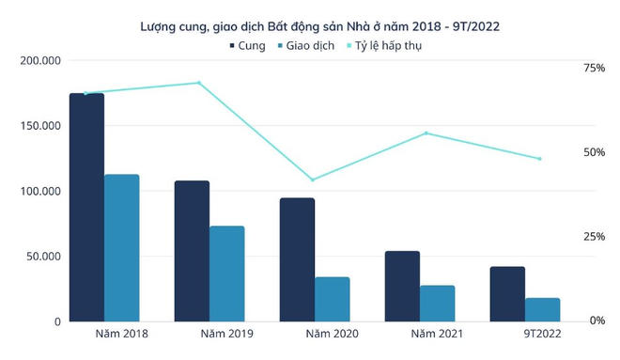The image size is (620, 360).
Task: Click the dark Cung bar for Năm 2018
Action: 86,208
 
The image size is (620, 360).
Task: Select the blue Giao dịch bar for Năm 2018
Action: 122,248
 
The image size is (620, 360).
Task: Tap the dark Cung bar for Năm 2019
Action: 192,251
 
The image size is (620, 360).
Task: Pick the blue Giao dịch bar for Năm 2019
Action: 226,274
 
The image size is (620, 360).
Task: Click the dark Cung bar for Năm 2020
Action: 297,259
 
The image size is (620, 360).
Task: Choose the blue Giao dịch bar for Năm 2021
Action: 437,303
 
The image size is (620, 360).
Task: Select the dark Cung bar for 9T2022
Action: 507,294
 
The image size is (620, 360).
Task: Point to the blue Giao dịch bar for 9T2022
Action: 542,309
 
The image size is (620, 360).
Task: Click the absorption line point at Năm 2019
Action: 198,83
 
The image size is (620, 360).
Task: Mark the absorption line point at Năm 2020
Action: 313,180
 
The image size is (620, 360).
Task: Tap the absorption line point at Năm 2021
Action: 426,133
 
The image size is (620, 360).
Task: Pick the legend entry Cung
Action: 245,45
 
